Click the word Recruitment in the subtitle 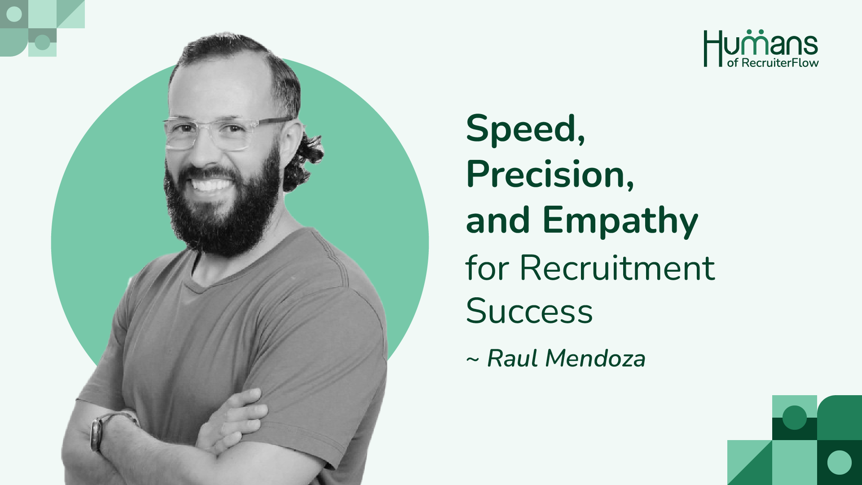click(x=617, y=268)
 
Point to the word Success click(x=529, y=311)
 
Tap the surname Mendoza click(x=595, y=358)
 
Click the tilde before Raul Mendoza click(x=473, y=360)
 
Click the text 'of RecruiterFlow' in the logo click(x=773, y=63)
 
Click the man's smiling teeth click(x=211, y=185)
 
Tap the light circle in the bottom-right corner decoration click(x=839, y=462)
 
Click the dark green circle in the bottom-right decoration click(x=795, y=418)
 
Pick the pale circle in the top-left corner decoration click(x=14, y=14)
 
